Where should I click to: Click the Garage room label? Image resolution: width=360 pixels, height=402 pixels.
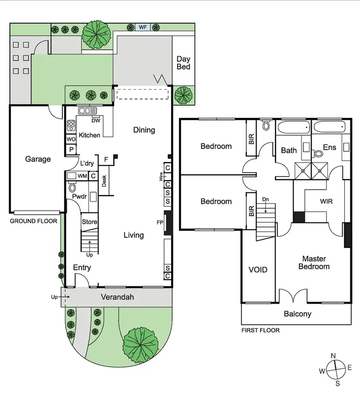pos(38,159)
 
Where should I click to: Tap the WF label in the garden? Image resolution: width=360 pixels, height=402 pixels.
pos(143,27)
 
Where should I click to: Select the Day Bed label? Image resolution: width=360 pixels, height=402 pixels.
pos(183,63)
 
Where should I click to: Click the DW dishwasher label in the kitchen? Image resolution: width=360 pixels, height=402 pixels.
pos(96,120)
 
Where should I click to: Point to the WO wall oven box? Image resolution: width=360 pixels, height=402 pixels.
pos(71,140)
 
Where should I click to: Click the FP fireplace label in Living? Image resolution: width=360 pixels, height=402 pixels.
pos(160,223)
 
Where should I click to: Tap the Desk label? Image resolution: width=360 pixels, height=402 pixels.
pos(104,181)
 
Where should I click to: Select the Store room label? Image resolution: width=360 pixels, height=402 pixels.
pos(90,222)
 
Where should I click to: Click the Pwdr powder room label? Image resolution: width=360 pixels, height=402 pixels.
pos(79,197)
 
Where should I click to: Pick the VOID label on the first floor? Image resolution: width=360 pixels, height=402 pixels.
pos(258,270)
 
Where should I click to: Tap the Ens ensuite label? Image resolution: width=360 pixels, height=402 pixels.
pos(329,147)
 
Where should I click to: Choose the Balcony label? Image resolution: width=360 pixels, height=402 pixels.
pos(298,314)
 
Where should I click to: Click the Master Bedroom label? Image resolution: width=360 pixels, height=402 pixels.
pos(314,262)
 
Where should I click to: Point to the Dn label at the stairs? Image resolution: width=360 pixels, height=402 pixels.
pos(265,199)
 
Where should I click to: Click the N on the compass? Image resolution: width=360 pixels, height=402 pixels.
pos(333,355)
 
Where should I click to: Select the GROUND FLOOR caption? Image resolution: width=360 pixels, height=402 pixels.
pos(34,221)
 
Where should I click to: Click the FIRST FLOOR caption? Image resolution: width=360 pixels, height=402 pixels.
pos(260,330)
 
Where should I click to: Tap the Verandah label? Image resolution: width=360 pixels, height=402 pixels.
pos(117,297)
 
